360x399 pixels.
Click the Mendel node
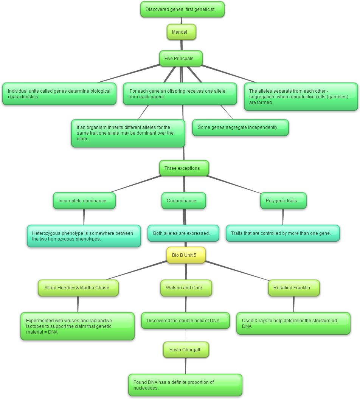pyautogui.click(x=182, y=32)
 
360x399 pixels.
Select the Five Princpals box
pyautogui.click(x=181, y=58)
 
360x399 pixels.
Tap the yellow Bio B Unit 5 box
pyautogui.click(x=186, y=255)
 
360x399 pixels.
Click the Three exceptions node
pyautogui.click(x=184, y=168)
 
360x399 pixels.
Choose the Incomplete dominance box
pyautogui.click(x=84, y=200)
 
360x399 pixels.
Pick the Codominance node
pyautogui.click(x=184, y=200)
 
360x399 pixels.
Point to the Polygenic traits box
pyautogui.click(x=283, y=200)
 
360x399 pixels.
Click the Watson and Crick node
pyautogui.click(x=186, y=288)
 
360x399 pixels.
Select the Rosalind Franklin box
pyautogui.click(x=294, y=288)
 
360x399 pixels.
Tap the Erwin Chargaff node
pyautogui.click(x=186, y=349)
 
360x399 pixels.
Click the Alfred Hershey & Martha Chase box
pyautogui.click(x=78, y=288)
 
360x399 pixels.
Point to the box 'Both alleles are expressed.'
pyautogui.click(x=183, y=233)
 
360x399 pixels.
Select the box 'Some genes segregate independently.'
pyautogui.click(x=241, y=127)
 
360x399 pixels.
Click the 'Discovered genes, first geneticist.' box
pyautogui.click(x=182, y=9)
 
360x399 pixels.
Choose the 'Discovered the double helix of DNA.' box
pyautogui.click(x=185, y=321)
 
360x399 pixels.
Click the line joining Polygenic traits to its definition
pyautogui.click(x=283, y=217)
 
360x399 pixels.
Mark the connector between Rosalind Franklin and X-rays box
pyautogui.click(x=294, y=304)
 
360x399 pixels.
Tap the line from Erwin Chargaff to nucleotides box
pyautogui.click(x=185, y=366)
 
